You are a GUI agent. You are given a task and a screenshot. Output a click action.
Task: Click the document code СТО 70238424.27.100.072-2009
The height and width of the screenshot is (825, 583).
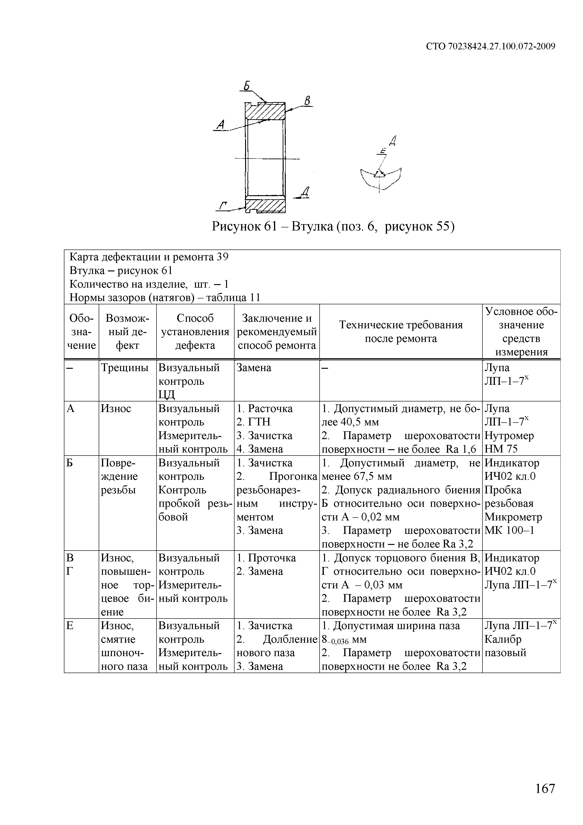point(490,46)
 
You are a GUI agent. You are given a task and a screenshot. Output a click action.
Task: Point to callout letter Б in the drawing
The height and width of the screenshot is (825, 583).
point(247,86)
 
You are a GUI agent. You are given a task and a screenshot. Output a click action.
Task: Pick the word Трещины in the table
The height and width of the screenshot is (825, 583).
point(125,368)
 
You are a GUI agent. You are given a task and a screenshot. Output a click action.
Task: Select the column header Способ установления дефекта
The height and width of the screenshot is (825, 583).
point(195,332)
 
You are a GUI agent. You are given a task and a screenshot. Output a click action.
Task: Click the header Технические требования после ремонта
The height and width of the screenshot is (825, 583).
point(401,332)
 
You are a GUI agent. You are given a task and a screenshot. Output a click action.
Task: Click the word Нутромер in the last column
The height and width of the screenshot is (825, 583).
point(509,436)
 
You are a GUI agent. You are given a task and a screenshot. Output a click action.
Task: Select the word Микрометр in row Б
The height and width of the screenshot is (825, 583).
point(513,517)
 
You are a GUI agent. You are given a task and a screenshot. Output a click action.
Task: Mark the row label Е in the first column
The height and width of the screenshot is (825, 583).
point(70,626)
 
